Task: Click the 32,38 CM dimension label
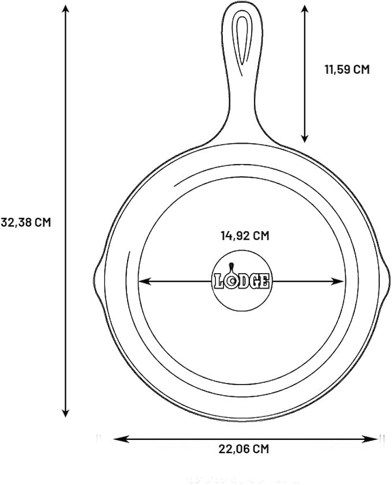(25, 222)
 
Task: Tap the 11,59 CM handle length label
(347, 69)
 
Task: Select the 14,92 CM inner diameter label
(245, 236)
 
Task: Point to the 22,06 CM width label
(244, 449)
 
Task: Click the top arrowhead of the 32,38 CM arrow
(65, 9)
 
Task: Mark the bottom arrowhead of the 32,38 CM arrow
(65, 413)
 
